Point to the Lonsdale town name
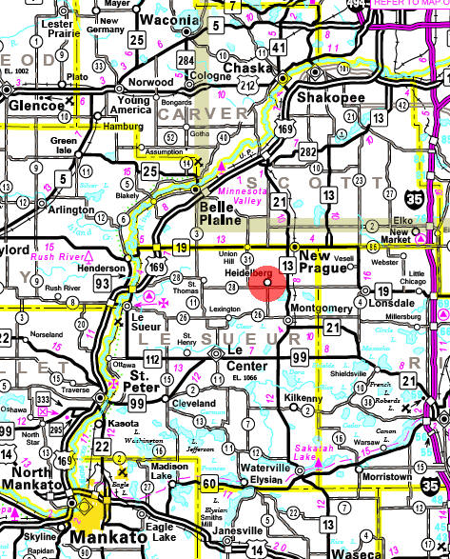(x=389, y=302)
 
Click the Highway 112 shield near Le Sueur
(x=152, y=358)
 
